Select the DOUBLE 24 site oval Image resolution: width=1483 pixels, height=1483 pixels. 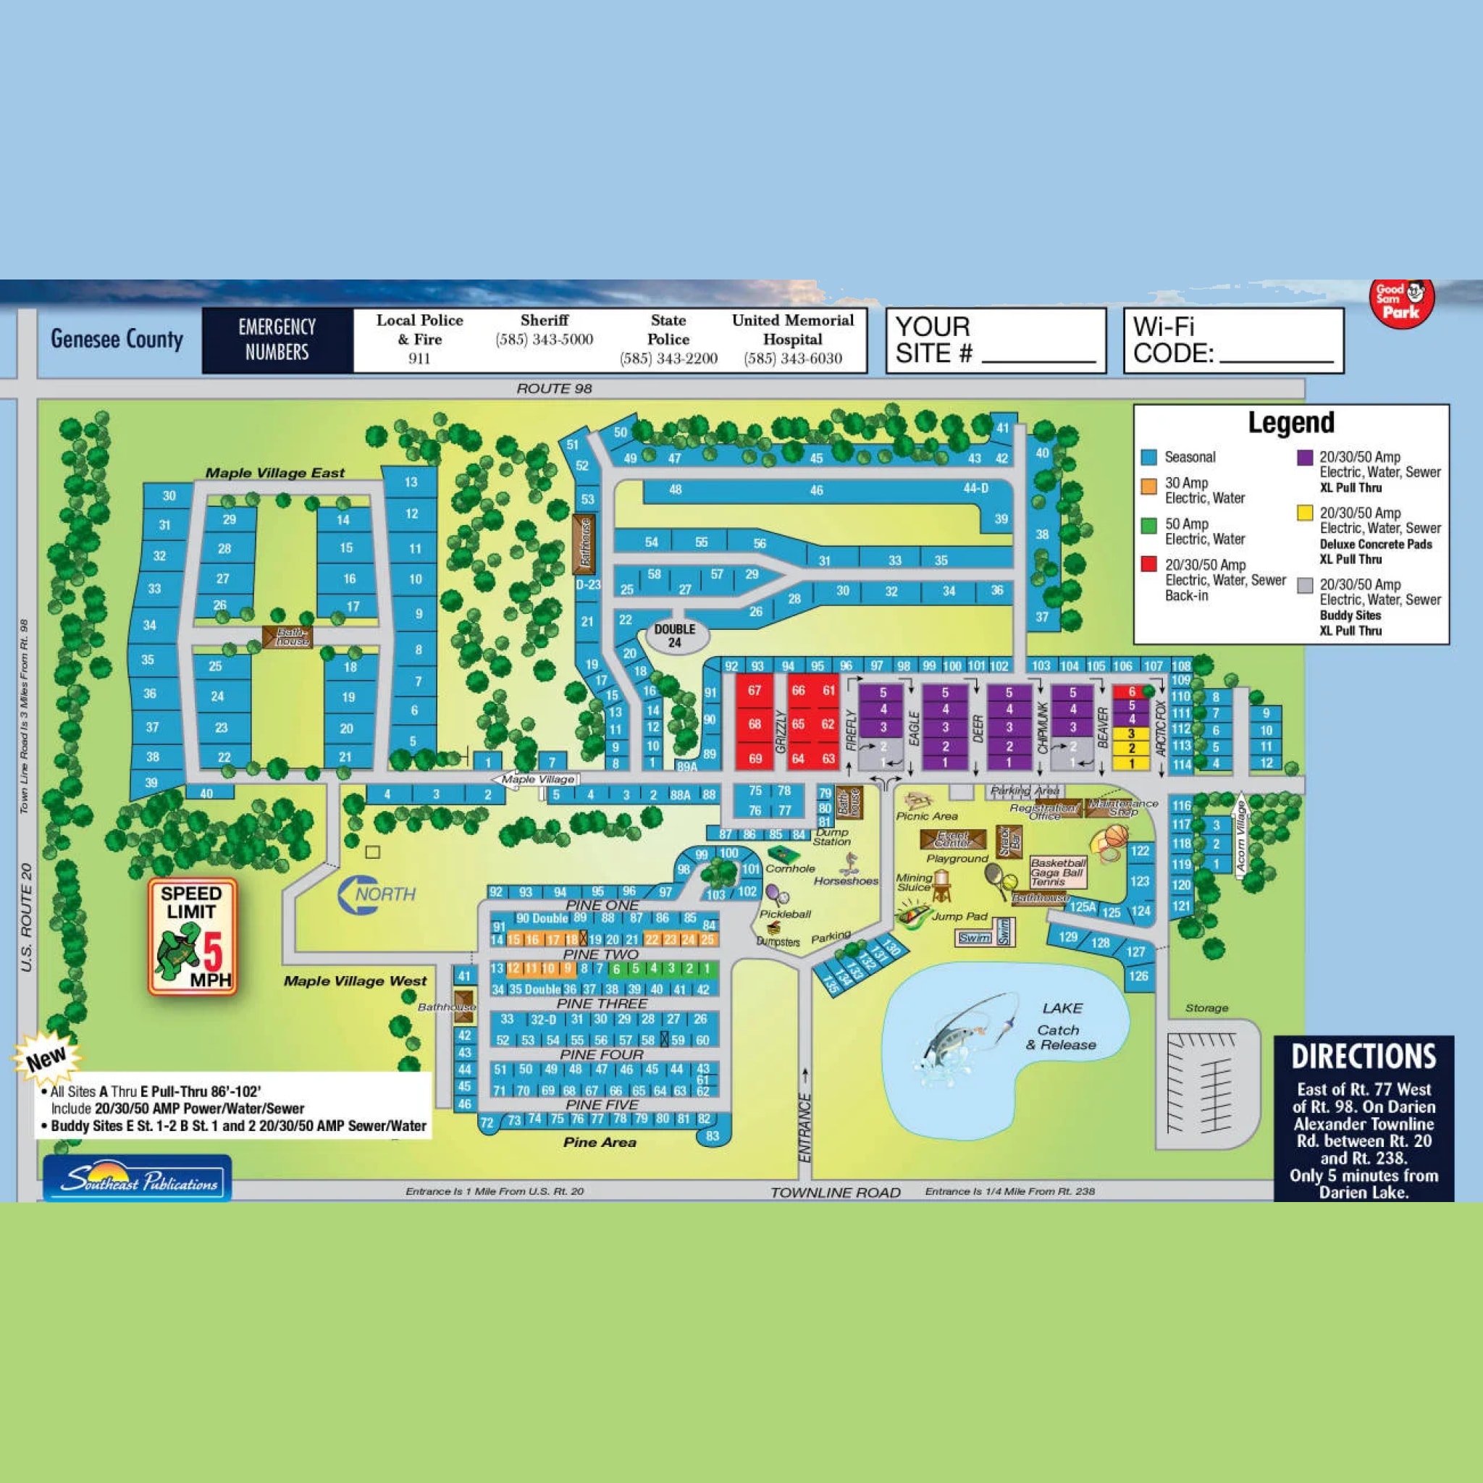pyautogui.click(x=674, y=635)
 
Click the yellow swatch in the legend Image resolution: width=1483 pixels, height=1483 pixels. pyautogui.click(x=1304, y=513)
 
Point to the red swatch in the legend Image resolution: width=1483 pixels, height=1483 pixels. pyautogui.click(x=1149, y=564)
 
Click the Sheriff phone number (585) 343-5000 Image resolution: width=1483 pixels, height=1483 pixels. pyautogui.click(x=545, y=340)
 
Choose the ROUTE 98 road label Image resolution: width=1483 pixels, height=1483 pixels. pyautogui.click(x=553, y=388)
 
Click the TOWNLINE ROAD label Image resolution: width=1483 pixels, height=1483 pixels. pyautogui.click(x=835, y=1192)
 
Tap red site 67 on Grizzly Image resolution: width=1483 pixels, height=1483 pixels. pyautogui.click(x=755, y=690)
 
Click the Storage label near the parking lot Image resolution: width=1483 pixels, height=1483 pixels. pyautogui.click(x=1206, y=1008)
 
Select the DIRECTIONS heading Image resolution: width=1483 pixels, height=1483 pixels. pyautogui.click(x=1364, y=1057)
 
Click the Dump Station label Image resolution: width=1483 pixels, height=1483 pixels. pyautogui.click(x=831, y=836)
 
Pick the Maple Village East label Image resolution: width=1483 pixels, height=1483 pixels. pyautogui.click(x=274, y=473)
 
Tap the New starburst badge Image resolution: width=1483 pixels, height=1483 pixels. pyautogui.click(x=46, y=1059)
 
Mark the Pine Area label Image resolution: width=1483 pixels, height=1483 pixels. pyautogui.click(x=600, y=1142)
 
